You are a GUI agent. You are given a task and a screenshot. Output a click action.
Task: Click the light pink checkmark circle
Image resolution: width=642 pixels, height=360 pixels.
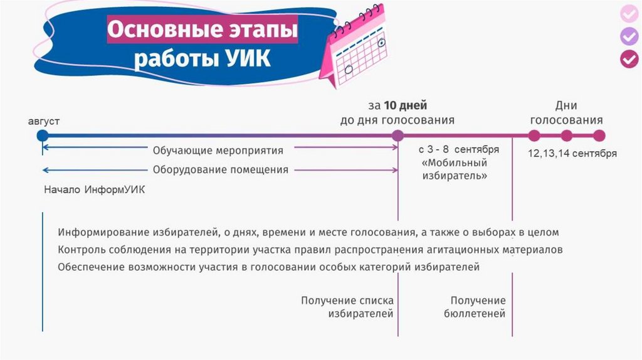click(x=629, y=14)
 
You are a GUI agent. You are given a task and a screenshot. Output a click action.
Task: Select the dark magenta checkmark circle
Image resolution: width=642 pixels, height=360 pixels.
click(x=629, y=59)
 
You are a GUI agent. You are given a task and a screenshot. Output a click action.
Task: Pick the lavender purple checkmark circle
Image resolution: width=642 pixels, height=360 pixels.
click(x=629, y=36)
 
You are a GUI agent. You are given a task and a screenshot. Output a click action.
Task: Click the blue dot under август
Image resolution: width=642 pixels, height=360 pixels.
click(x=43, y=135)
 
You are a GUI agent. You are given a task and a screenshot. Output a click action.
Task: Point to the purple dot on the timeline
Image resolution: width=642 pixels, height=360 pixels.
click(x=397, y=135)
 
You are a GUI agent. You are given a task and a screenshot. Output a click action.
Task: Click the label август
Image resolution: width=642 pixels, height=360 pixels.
click(x=44, y=122)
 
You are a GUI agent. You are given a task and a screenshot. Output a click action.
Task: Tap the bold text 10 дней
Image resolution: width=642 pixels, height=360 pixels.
click(x=406, y=105)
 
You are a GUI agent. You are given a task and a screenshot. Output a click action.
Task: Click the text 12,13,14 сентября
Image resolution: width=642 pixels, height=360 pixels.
click(x=572, y=153)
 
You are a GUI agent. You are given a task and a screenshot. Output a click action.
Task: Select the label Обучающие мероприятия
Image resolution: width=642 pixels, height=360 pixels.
click(x=218, y=151)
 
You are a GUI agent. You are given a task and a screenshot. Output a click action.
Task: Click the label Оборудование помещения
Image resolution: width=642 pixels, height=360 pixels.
click(x=221, y=169)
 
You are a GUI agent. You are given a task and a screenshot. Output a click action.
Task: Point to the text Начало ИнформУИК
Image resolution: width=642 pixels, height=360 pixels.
click(x=95, y=189)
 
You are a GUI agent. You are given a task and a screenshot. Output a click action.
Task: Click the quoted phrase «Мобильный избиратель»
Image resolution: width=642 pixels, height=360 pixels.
click(x=455, y=169)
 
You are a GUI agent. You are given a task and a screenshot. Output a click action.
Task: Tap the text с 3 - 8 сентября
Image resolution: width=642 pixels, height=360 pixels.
click(x=458, y=149)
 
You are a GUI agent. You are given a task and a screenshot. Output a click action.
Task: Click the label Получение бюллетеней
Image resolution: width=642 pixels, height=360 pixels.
click(x=475, y=307)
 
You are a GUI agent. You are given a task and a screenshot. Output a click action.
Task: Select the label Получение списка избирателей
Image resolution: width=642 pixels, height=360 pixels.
click(x=347, y=307)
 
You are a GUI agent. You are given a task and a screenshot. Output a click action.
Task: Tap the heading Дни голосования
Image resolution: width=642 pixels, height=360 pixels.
click(x=566, y=113)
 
